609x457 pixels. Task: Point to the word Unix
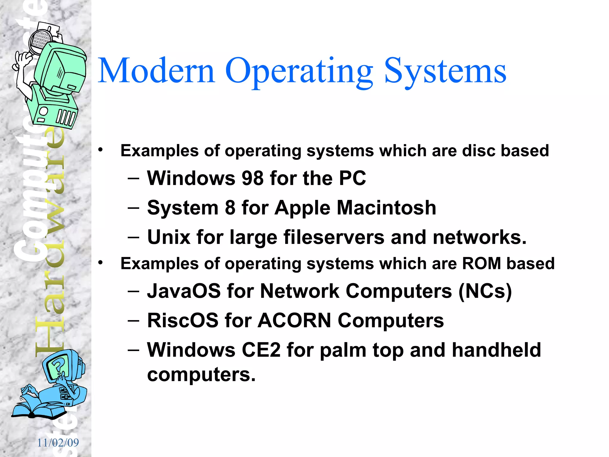coord(169,237)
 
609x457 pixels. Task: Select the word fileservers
coord(334,237)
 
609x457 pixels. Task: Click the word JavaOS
coord(184,291)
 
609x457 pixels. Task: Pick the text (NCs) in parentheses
coord(485,291)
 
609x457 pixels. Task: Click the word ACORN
coord(294,320)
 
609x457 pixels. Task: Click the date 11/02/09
coord(58,443)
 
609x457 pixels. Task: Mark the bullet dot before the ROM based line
coord(101,263)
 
